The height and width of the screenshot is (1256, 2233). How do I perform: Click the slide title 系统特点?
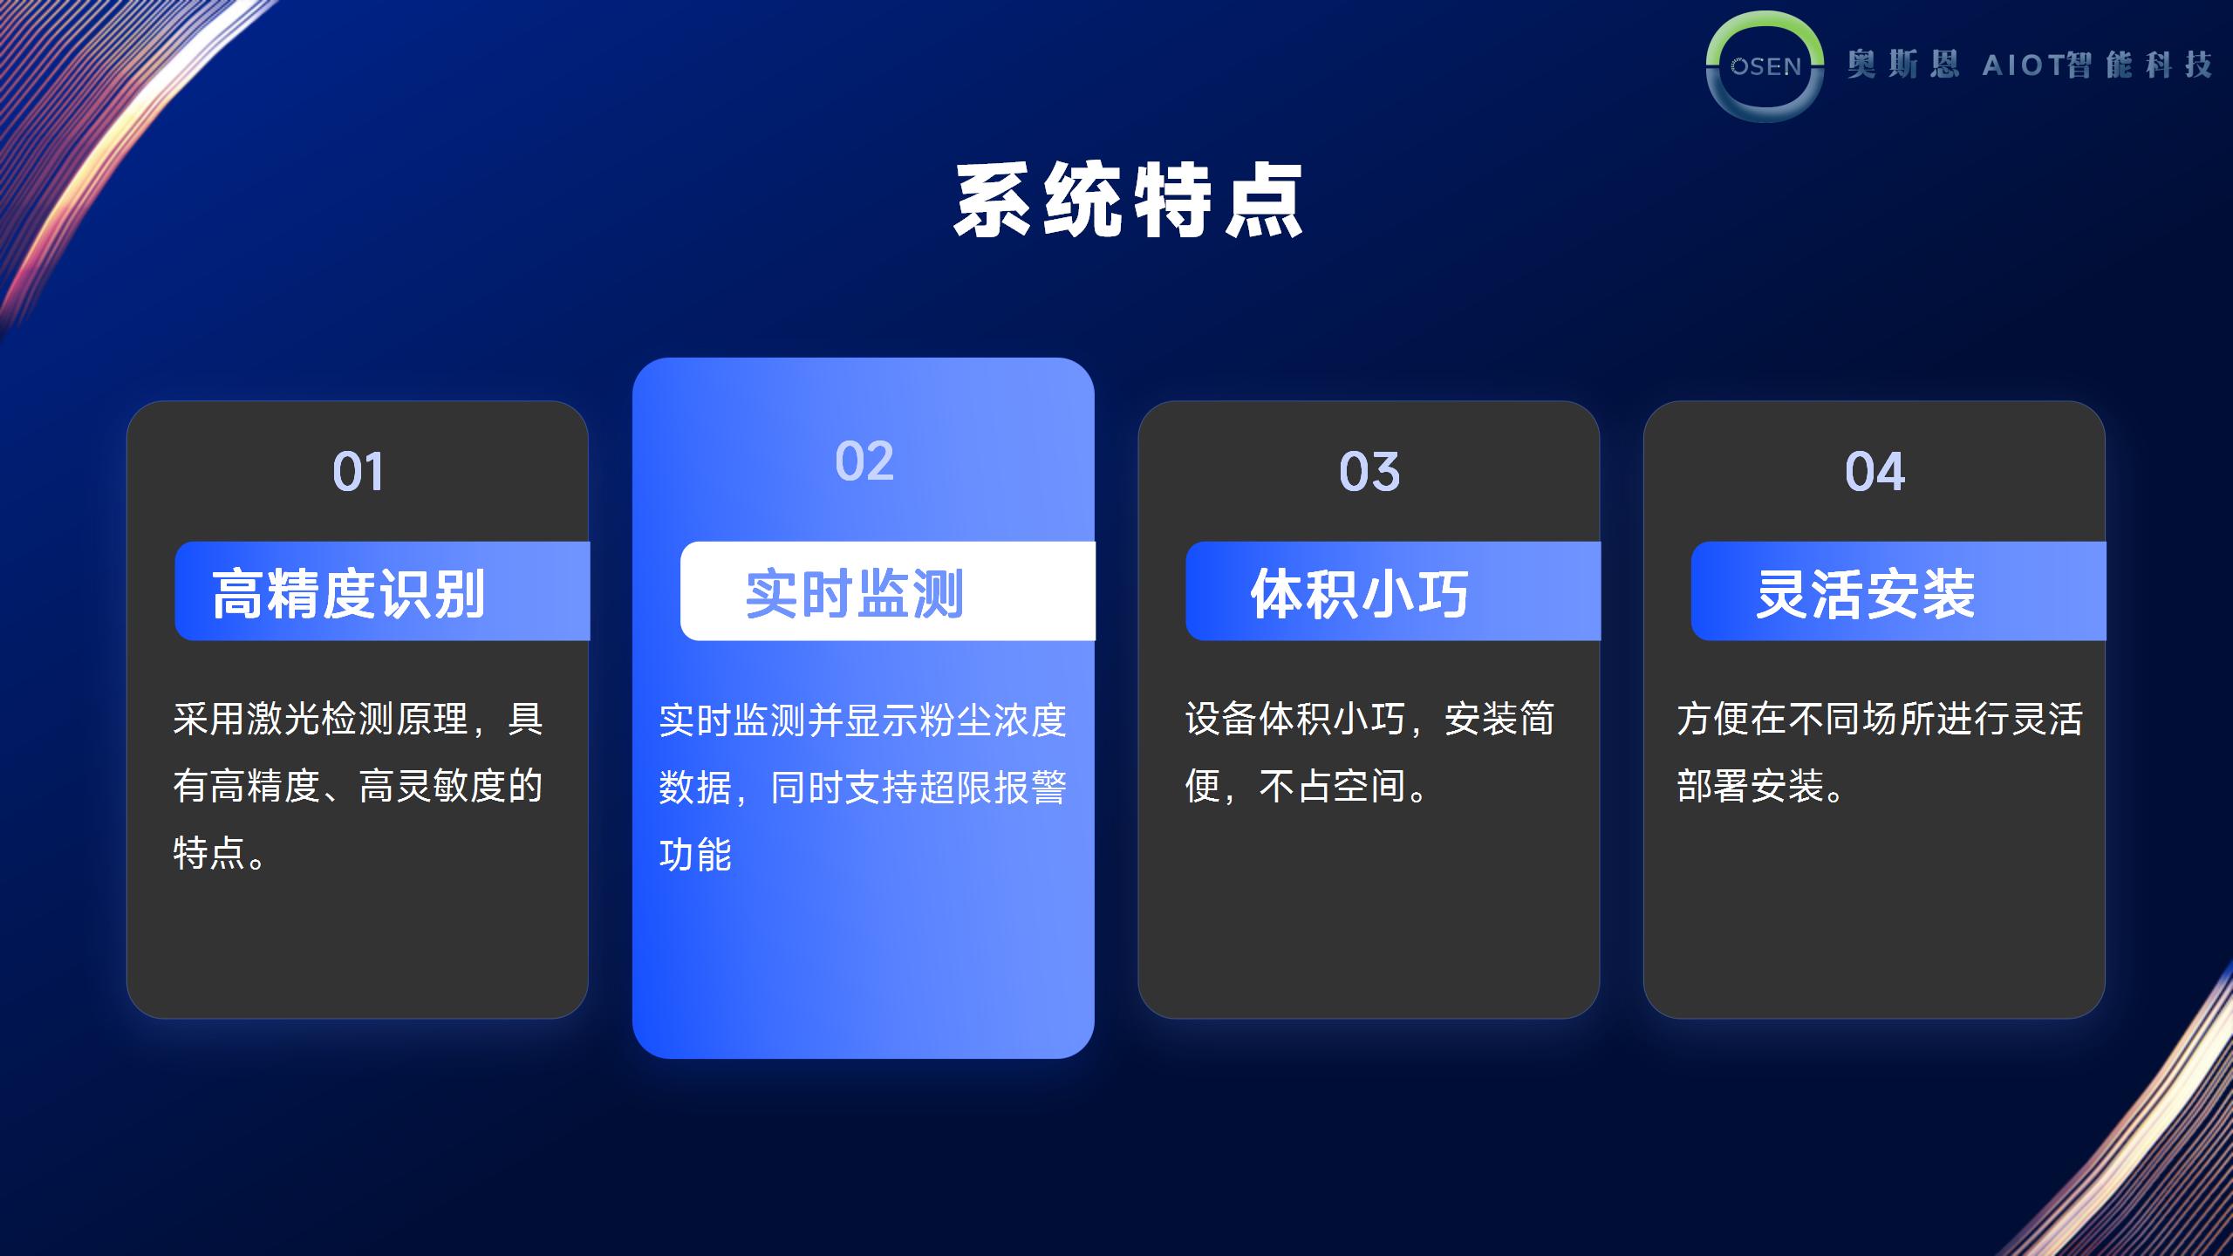click(1128, 201)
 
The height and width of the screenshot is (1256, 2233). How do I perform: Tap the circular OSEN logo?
click(1765, 66)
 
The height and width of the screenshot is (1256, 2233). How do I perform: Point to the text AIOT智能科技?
click(2098, 65)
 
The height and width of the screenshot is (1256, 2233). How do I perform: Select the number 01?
click(358, 472)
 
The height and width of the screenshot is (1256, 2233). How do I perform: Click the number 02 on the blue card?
click(864, 461)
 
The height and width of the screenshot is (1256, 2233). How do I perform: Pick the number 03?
click(1369, 472)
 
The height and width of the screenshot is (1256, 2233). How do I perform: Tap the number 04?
click(1874, 472)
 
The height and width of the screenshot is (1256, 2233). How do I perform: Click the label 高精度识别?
click(348, 594)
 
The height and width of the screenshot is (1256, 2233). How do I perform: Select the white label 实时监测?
click(854, 594)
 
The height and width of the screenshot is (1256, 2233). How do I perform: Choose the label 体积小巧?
click(1360, 594)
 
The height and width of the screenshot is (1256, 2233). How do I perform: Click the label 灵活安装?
click(1865, 594)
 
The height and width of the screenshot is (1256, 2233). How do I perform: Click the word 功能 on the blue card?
click(695, 855)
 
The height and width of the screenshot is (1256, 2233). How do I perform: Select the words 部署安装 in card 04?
click(1750, 787)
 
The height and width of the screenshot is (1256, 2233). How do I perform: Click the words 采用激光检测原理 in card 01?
click(321, 720)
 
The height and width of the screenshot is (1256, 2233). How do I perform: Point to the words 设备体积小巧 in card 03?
click(1295, 720)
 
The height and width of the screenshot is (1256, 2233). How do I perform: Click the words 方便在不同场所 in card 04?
click(1806, 720)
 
